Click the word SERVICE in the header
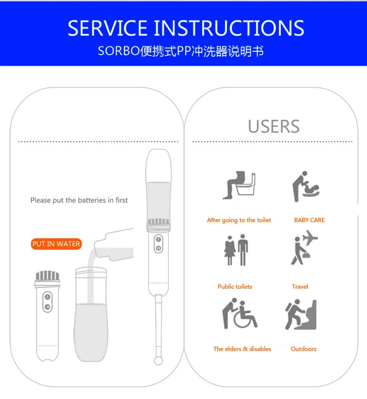point(107,28)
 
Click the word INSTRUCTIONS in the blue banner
point(229,28)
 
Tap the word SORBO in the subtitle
point(119,51)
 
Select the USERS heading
point(274,126)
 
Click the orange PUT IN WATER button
point(56,244)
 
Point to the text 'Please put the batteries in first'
point(79,200)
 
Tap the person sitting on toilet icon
point(239,185)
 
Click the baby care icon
point(306,186)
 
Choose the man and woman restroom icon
point(236,250)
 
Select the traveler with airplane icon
point(304,247)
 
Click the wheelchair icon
point(240,314)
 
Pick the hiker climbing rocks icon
point(301,315)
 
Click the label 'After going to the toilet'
point(239,220)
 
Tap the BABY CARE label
point(309,220)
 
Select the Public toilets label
point(235,287)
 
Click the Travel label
point(300,287)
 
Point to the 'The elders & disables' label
point(242,349)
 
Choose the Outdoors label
point(303,349)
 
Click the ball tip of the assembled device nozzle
point(159,360)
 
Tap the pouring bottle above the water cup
point(114,245)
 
